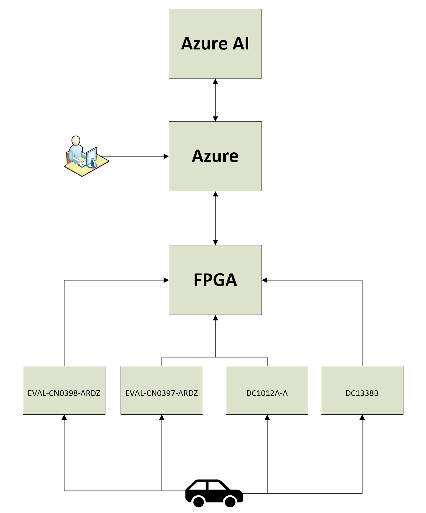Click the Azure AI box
[215, 44]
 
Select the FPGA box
[215, 280]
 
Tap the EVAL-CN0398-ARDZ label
[64, 393]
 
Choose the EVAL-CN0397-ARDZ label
[162, 393]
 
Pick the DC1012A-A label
[267, 393]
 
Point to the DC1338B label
[362, 393]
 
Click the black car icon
[214, 493]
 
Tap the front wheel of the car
[230, 501]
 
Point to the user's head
[76, 140]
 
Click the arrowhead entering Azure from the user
[166, 156]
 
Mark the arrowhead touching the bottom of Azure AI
[215, 81]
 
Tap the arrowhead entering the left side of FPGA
[166, 280]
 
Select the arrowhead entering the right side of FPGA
[265, 280]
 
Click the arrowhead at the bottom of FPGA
[215, 318]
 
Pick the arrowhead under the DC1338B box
[362, 417]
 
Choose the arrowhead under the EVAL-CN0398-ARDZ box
[64, 417]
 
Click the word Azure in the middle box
[215, 156]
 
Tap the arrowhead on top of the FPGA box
[215, 242]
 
